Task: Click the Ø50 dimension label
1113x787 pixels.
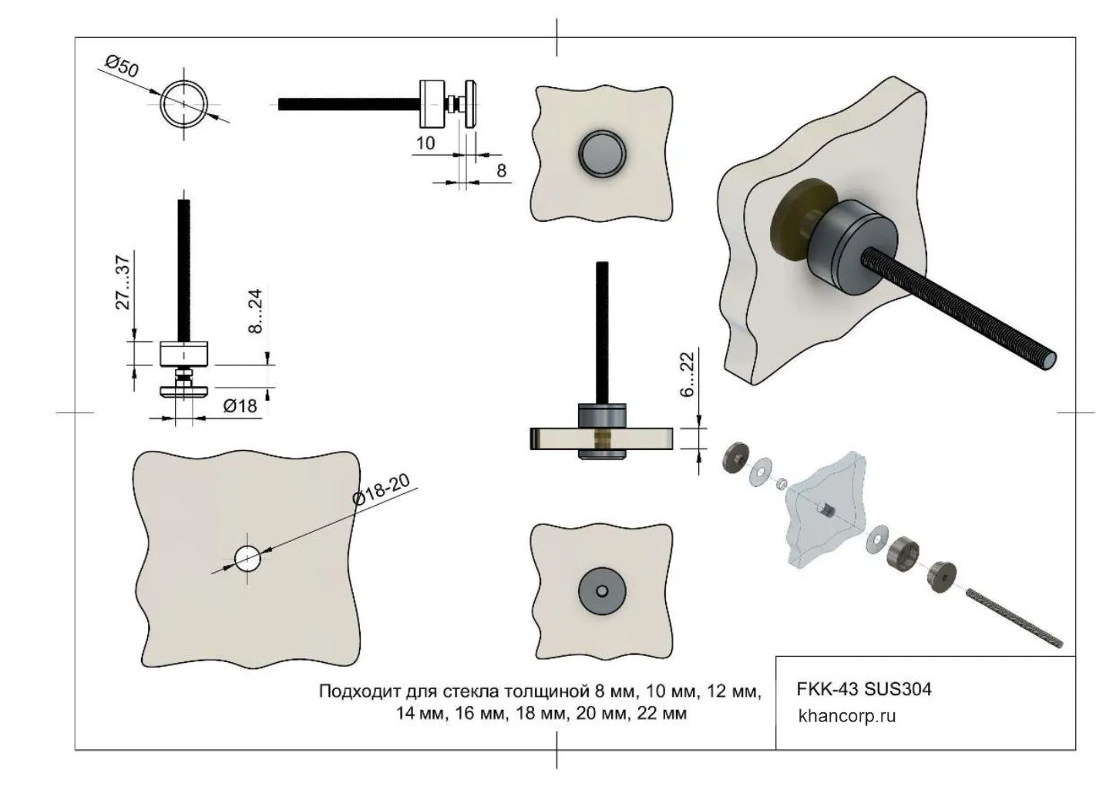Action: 123,68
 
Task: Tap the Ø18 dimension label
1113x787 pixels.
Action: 240,405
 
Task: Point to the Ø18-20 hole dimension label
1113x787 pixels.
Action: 381,489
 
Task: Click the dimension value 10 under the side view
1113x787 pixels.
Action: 425,143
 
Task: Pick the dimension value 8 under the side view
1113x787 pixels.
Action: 501,170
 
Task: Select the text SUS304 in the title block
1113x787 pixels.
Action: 898,688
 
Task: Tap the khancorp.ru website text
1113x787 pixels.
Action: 847,716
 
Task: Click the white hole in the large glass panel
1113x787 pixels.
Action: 247,558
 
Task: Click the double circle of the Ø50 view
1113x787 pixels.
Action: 185,103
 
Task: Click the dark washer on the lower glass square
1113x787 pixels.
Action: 602,591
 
